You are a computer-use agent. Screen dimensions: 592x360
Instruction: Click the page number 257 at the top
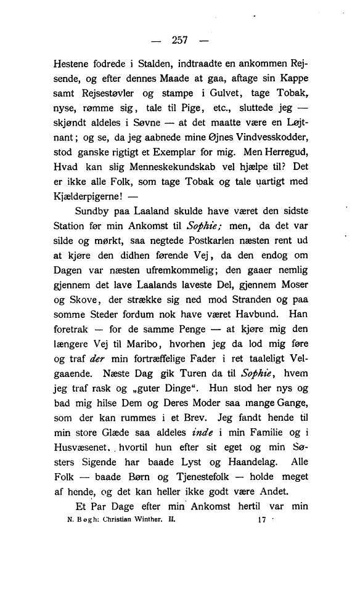pyautogui.click(x=179, y=41)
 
